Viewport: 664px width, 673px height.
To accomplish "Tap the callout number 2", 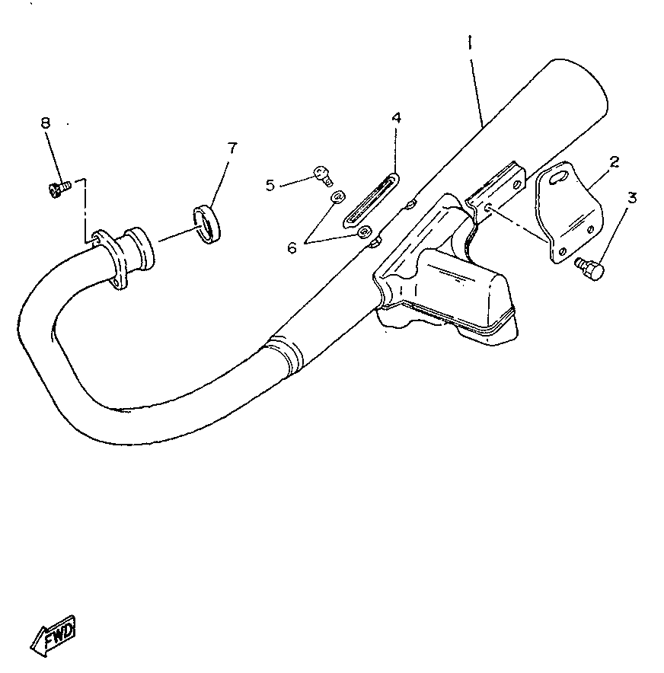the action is [x=614, y=161].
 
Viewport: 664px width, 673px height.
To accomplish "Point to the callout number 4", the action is [x=396, y=118].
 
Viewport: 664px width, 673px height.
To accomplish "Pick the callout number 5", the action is [x=270, y=184].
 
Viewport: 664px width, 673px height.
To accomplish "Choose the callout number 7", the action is [x=231, y=148].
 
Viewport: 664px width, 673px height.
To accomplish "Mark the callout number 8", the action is [x=46, y=122].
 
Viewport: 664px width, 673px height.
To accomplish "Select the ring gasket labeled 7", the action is [x=206, y=224].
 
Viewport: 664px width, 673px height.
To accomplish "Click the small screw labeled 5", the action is [x=322, y=177].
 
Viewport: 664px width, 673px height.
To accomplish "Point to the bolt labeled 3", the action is [x=590, y=268].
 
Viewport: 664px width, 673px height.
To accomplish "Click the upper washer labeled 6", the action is [x=336, y=198].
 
